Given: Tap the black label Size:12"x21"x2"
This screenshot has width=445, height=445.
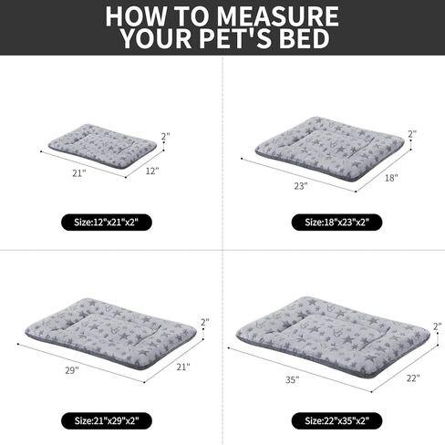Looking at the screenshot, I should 112,222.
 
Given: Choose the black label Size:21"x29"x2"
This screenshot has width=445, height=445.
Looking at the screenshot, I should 112,419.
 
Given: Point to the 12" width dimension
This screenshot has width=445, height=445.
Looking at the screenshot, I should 150,171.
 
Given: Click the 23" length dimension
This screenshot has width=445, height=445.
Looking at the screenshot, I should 302,185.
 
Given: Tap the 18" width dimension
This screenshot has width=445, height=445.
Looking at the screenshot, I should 391,179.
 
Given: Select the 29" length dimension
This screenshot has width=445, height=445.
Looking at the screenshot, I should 73,370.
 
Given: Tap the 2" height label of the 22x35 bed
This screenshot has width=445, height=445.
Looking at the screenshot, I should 438,326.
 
